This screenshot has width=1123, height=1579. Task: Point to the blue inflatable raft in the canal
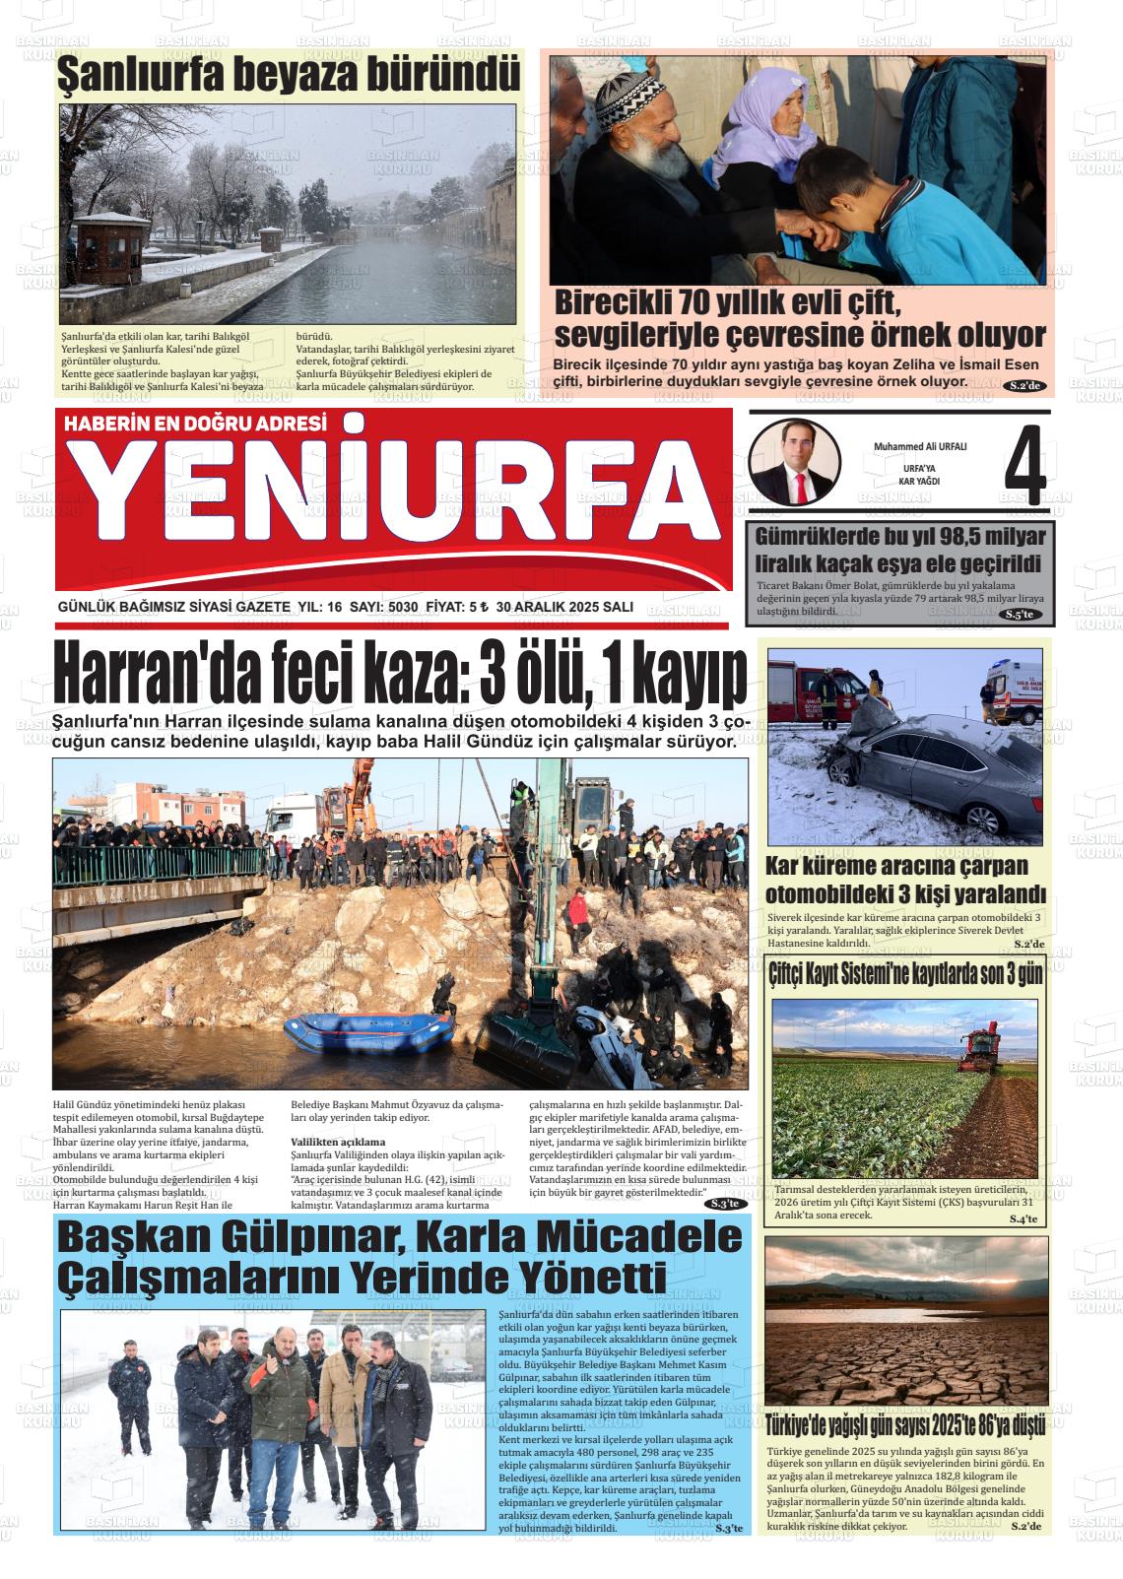tap(369, 1032)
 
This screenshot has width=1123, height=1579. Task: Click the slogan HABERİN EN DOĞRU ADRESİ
tap(194, 424)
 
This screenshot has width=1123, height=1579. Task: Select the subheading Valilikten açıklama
tap(338, 1142)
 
